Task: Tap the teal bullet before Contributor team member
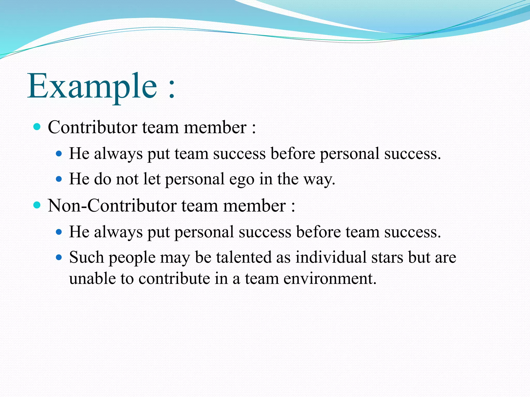pyautogui.click(x=37, y=127)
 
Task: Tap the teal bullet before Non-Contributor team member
pyautogui.click(x=37, y=205)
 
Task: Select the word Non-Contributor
pyautogui.click(x=112, y=206)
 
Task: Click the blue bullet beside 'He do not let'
pyautogui.click(x=59, y=179)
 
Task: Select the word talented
pyautogui.click(x=244, y=257)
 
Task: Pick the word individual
pyautogui.click(x=331, y=257)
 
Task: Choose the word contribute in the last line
pyautogui.click(x=174, y=279)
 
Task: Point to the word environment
pyautogui.click(x=330, y=279)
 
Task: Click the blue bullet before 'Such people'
pyautogui.click(x=59, y=257)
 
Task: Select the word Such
pyautogui.click(x=86, y=257)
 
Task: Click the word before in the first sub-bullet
pyautogui.click(x=293, y=154)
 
